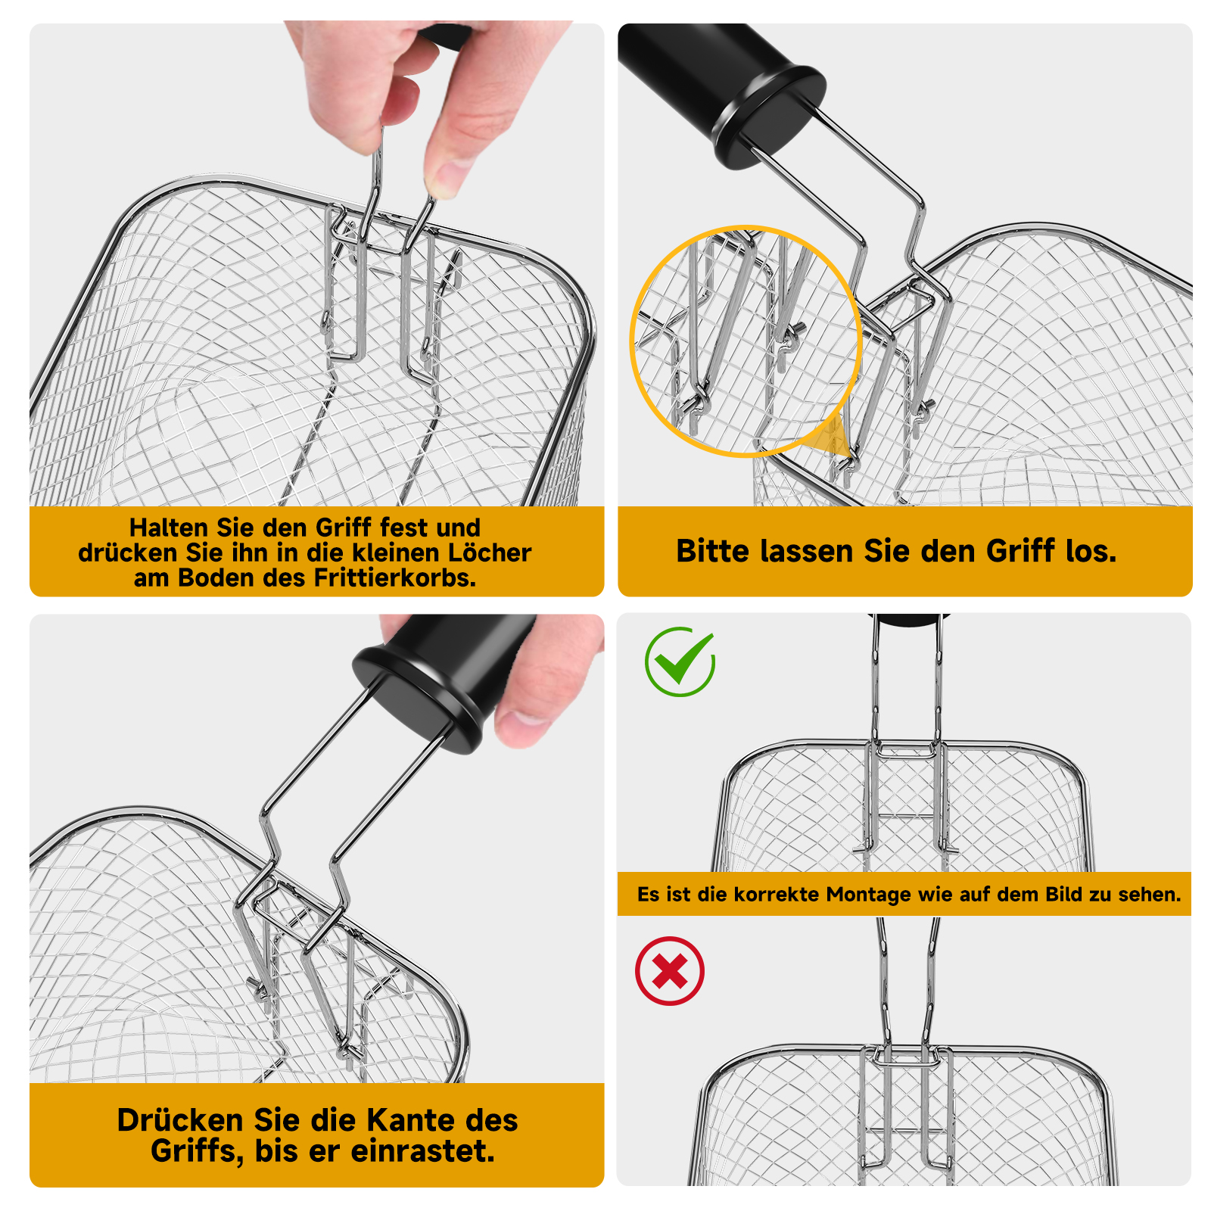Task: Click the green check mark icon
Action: tap(680, 662)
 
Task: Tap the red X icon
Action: tap(670, 971)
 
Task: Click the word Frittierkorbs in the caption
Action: tap(394, 578)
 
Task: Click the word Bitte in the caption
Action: tap(714, 551)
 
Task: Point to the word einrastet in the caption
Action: tap(423, 1151)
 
